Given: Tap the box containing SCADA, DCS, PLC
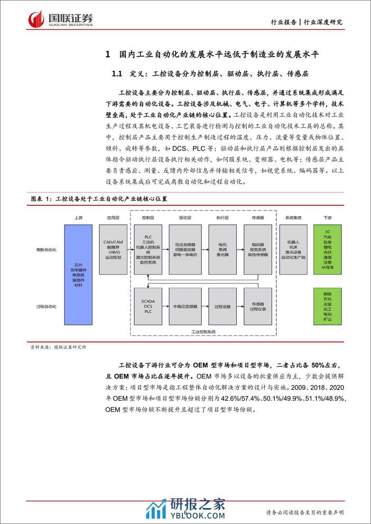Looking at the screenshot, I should click(x=149, y=306).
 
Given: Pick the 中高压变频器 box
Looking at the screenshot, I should click(x=184, y=306).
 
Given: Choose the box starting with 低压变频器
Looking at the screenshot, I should click(x=184, y=247).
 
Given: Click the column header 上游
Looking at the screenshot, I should click(x=79, y=217).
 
